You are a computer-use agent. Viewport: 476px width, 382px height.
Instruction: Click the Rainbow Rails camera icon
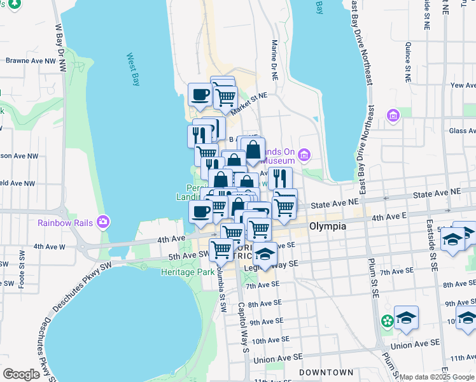pos(102,222)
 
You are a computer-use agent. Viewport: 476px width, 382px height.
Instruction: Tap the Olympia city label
pos(327,227)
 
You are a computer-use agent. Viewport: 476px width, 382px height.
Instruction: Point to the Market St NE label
pos(249,102)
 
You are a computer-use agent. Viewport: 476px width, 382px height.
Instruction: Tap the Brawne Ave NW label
pos(32,61)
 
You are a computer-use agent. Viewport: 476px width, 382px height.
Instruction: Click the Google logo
pos(22,374)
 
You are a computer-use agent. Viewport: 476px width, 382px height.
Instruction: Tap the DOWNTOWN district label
pos(326,372)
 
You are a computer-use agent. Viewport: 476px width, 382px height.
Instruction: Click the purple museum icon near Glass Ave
pos(393,115)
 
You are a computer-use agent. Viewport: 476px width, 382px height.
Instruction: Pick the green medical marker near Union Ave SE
pos(386,323)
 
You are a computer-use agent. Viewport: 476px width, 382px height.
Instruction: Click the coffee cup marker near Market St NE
pos(200,95)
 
